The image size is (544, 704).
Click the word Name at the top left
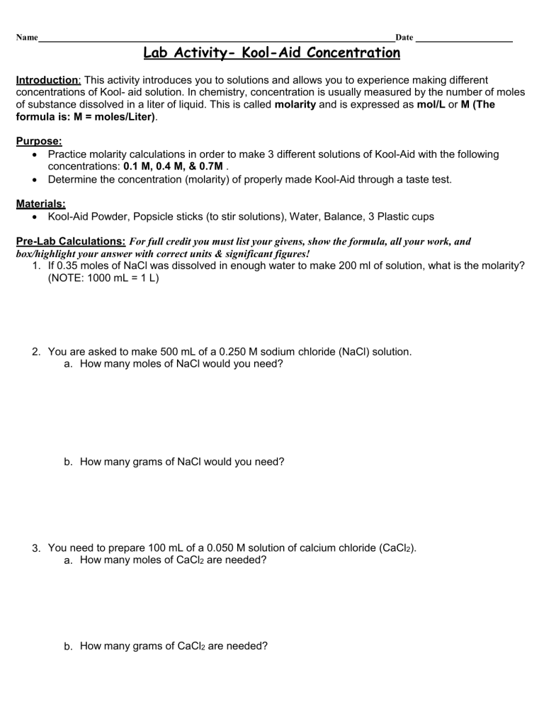[x=26, y=37]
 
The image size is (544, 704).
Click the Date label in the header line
[x=404, y=37]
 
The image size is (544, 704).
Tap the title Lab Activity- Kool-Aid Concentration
[x=271, y=53]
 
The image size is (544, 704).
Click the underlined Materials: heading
[x=40, y=203]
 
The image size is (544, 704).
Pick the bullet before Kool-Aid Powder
[x=36, y=216]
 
